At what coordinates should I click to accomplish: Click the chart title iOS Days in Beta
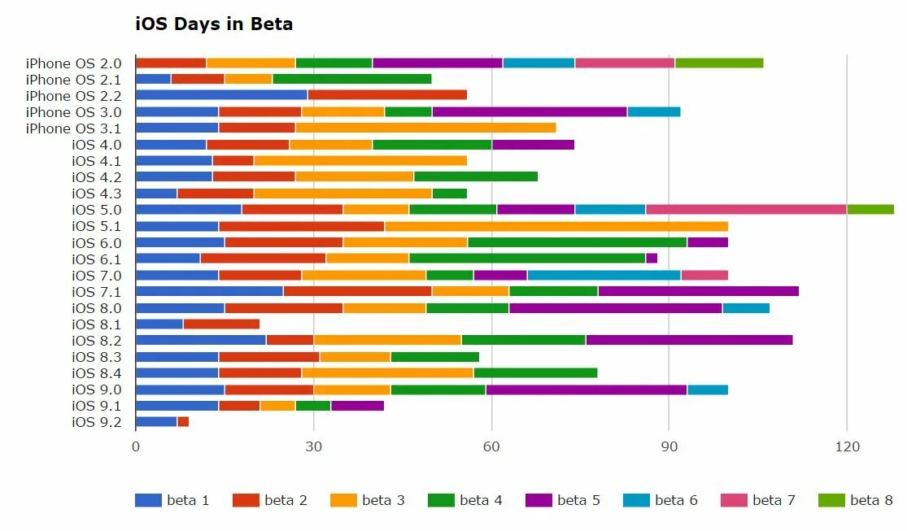214,24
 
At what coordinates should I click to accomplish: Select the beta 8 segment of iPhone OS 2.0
719,63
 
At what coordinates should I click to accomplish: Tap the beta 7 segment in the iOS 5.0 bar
746,209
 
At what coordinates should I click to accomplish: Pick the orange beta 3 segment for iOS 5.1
556,226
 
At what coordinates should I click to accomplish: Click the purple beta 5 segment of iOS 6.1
652,259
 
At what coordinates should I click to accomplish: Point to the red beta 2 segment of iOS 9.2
183,421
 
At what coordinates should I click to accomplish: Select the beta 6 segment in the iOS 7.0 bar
604,275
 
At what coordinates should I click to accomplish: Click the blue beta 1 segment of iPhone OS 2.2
221,95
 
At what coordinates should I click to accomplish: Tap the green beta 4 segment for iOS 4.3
450,193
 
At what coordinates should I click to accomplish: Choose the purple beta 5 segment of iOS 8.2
689,340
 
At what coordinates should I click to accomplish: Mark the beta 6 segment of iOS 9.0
708,389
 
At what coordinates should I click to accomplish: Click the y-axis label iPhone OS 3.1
73,128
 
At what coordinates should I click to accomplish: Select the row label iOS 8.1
97,324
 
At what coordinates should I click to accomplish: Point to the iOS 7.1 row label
97,291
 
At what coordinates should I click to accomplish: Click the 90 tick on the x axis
669,446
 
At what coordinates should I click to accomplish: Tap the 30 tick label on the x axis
313,446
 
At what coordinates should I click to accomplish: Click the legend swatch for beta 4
441,500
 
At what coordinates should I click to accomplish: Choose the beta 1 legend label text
188,500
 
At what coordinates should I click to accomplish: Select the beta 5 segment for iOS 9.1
357,405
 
